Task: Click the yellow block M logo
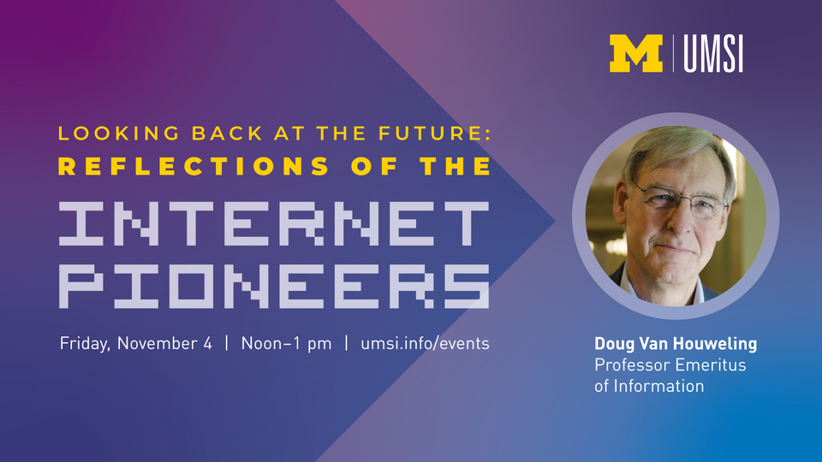pyautogui.click(x=635, y=54)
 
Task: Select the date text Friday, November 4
pyautogui.click(x=135, y=344)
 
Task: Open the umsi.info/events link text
pyautogui.click(x=426, y=344)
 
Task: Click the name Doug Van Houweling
pyautogui.click(x=676, y=344)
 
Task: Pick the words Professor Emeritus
pyautogui.click(x=670, y=365)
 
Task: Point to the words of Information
pyautogui.click(x=648, y=386)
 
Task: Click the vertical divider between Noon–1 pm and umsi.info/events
pyautogui.click(x=346, y=344)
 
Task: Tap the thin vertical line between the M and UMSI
pyautogui.click(x=674, y=54)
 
